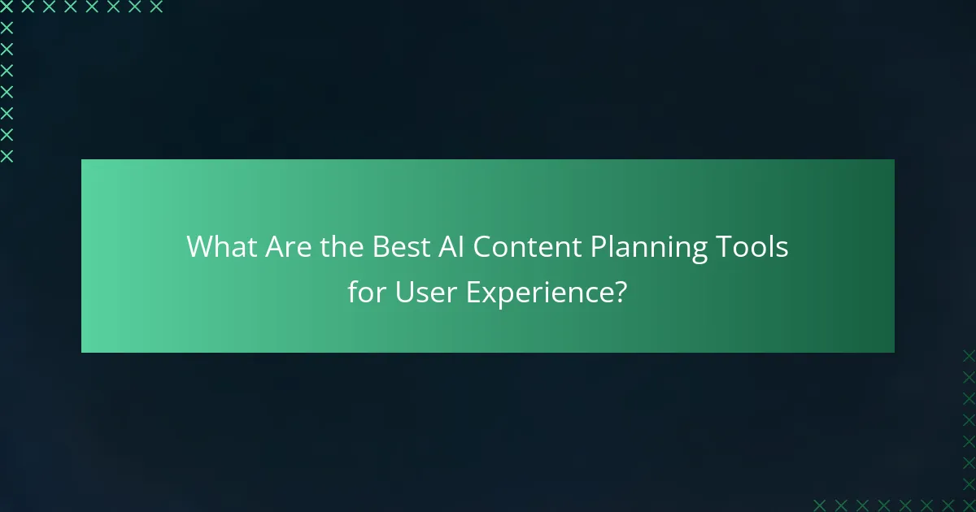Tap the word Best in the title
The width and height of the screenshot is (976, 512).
pos(400,247)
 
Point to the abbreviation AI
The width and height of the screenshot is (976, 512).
pos(451,247)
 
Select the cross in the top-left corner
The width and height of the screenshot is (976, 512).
pos(7,7)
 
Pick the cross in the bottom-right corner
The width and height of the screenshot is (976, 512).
pos(969,505)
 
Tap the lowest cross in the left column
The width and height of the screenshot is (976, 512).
pos(7,156)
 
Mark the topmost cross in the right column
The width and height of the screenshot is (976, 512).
pos(969,355)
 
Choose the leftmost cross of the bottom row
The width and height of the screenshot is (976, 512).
pos(819,505)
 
